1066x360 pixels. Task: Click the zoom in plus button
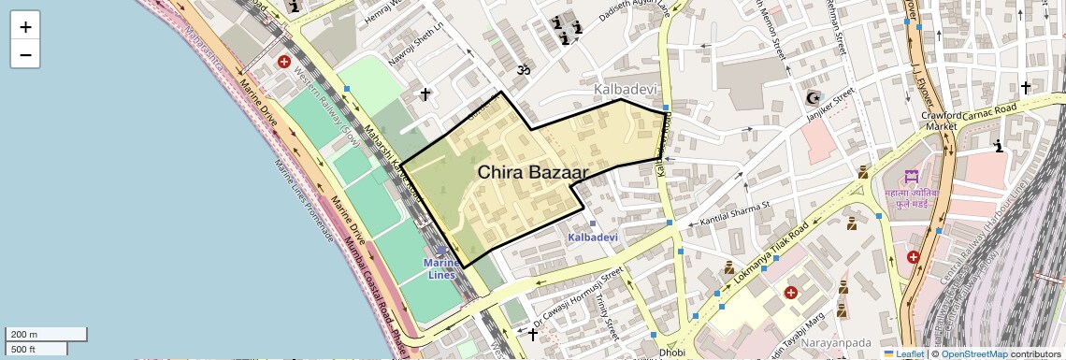(x=25, y=27)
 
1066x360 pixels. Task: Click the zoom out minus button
(x=25, y=54)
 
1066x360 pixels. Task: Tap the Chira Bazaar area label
(x=532, y=172)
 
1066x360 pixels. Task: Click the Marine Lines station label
(x=441, y=268)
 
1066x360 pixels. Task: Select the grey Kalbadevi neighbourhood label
(x=626, y=89)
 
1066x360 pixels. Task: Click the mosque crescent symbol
(x=812, y=98)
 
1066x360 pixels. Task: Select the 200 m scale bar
(x=47, y=334)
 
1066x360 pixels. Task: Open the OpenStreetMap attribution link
(x=973, y=353)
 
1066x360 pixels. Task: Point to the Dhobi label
(x=672, y=353)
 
